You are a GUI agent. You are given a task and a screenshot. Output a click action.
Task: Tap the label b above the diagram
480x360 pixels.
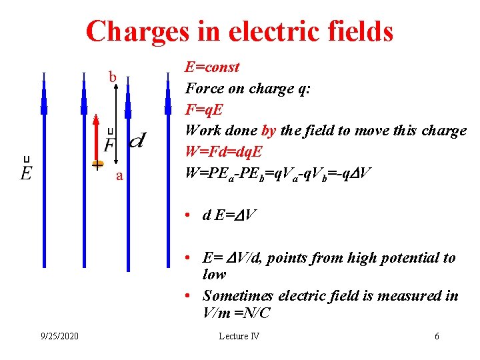113,78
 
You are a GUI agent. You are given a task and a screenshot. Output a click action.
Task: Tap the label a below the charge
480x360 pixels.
119,176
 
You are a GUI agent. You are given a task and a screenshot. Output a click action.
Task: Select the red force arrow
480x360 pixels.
96,137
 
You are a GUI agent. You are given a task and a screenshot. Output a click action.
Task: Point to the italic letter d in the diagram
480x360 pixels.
139,140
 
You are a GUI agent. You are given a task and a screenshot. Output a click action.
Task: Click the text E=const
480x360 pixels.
212,67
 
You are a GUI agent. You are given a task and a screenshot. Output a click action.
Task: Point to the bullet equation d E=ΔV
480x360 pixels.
230,215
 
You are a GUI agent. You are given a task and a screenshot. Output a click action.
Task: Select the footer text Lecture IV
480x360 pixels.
239,336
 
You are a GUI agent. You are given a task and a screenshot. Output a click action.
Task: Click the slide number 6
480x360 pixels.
437,336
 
